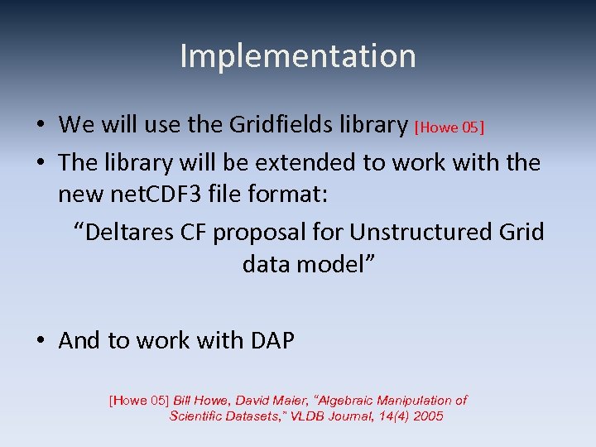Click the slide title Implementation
click(297, 56)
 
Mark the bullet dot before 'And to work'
click(40, 340)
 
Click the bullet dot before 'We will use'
click(40, 125)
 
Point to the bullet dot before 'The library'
click(40, 162)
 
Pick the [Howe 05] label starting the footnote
click(138, 401)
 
